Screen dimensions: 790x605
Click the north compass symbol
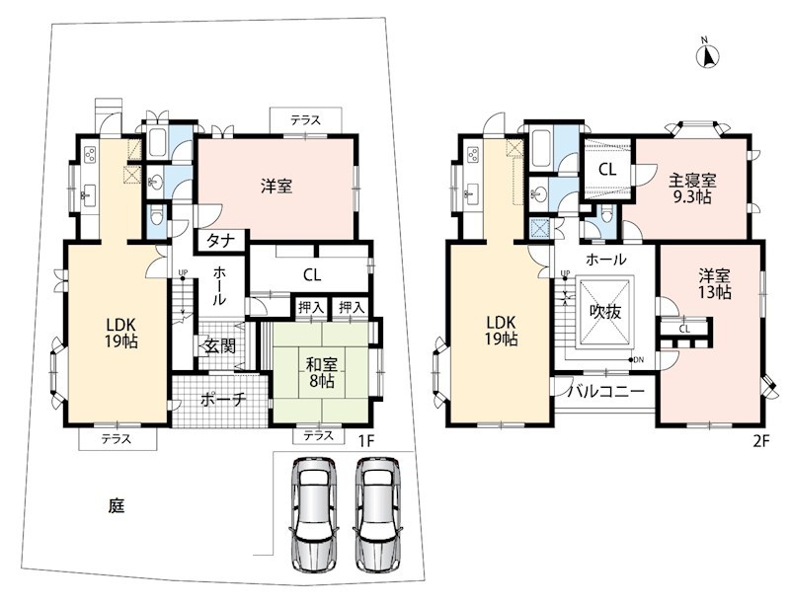[708, 55]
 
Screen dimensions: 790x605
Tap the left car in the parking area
[314, 513]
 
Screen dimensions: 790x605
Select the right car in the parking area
[378, 513]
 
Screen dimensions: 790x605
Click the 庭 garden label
[117, 505]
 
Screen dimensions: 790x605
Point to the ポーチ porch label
[223, 400]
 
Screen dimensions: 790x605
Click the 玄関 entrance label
[220, 345]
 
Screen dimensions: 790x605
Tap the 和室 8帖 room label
[322, 372]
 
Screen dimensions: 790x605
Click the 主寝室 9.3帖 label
[692, 188]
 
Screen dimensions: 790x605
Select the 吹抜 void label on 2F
[605, 312]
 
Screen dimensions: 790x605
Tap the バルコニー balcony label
[607, 391]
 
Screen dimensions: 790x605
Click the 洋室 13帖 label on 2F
[714, 283]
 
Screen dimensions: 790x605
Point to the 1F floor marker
[365, 441]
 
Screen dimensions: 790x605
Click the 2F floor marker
[762, 441]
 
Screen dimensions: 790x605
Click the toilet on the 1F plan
[157, 215]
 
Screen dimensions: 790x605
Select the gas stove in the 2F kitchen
[473, 154]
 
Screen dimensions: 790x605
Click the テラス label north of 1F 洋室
[305, 120]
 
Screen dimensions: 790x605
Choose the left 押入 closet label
[311, 307]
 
